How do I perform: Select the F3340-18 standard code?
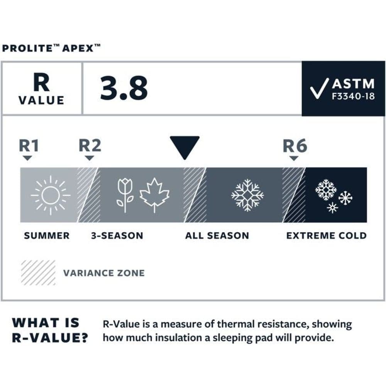coord(353,96)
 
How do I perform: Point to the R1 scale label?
coord(29,146)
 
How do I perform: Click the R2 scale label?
coord(90,146)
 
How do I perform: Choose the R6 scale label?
coord(295,146)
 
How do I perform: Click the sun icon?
coord(51,195)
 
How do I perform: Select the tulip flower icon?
coord(124,195)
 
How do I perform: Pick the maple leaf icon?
coord(154,195)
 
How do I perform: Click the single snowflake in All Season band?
coord(247,195)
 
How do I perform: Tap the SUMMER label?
coord(47,235)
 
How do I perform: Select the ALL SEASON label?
coord(217,235)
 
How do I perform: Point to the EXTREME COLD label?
coord(326,235)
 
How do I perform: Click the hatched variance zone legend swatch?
coord(38,273)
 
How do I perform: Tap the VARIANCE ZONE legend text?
coord(104,273)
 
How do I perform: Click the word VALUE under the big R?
coord(41,100)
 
